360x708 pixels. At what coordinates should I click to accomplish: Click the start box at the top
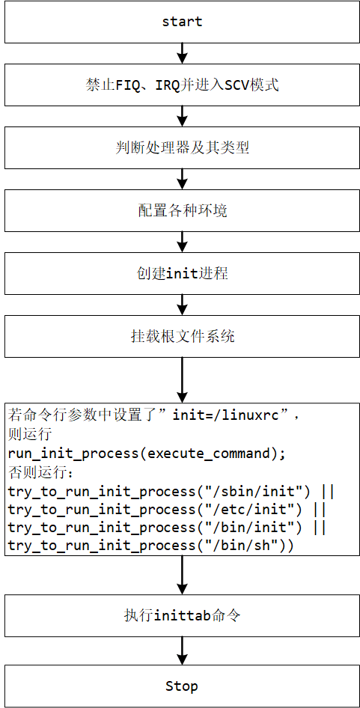pyautogui.click(x=182, y=22)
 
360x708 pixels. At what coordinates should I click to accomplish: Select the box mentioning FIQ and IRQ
pyautogui.click(x=182, y=85)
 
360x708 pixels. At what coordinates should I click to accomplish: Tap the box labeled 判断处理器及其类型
pyautogui.click(x=182, y=147)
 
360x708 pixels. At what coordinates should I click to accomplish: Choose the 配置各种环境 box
pyautogui.click(x=182, y=210)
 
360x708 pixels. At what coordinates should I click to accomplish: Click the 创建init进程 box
pyautogui.click(x=182, y=273)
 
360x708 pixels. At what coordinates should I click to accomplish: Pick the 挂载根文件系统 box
pyautogui.click(x=182, y=336)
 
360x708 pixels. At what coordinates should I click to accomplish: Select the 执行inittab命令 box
pyautogui.click(x=182, y=616)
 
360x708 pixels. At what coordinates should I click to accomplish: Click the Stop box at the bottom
pyautogui.click(x=182, y=686)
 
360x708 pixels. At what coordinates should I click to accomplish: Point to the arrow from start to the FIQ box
pyautogui.click(x=182, y=53)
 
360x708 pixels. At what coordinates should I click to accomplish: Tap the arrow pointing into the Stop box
pyautogui.click(x=182, y=650)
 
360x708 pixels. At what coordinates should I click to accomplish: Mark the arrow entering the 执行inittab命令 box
pyautogui.click(x=182, y=576)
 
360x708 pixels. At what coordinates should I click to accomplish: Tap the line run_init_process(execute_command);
pyautogui.click(x=147, y=454)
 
